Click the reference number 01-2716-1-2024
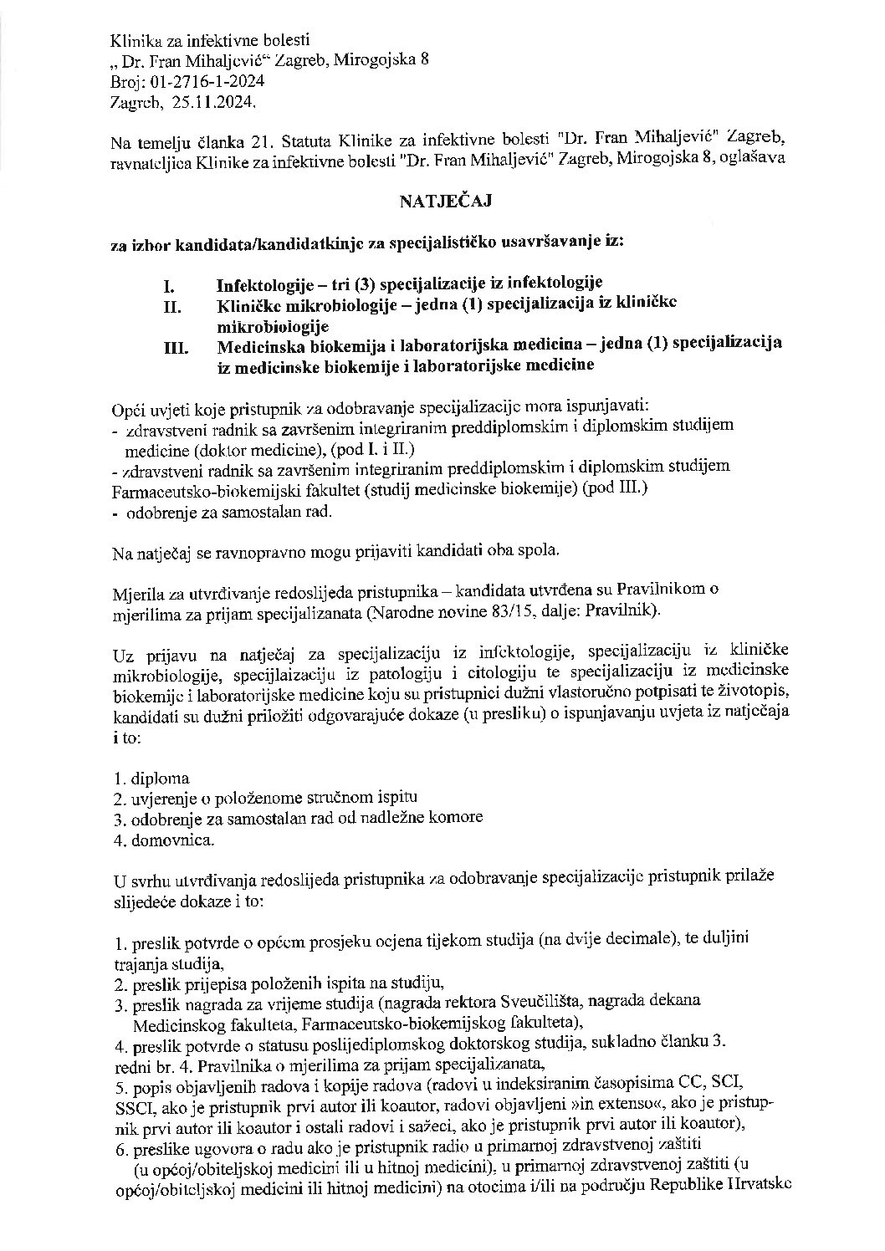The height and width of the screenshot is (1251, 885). (208, 82)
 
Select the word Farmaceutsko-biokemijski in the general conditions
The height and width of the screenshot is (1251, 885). (193, 488)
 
